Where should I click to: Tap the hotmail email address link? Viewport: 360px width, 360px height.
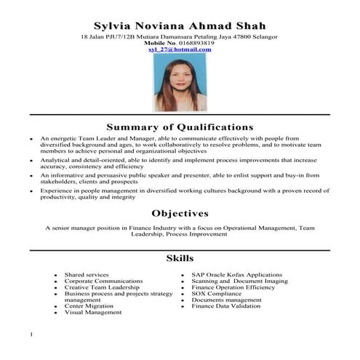coord(180,49)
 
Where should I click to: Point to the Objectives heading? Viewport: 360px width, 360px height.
coord(180,213)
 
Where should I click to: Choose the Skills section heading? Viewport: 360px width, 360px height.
coord(180,258)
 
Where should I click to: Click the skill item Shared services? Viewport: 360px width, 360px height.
coord(87,276)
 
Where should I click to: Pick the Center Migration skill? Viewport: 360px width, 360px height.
coord(89,306)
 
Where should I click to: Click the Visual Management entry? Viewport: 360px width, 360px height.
coord(92,313)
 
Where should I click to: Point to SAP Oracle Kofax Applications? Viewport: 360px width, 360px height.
coord(231,276)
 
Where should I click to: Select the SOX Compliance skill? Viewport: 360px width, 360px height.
coord(216,294)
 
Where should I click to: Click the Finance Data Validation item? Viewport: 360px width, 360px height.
coord(225,306)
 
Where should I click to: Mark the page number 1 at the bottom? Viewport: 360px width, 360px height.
coord(32,335)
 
